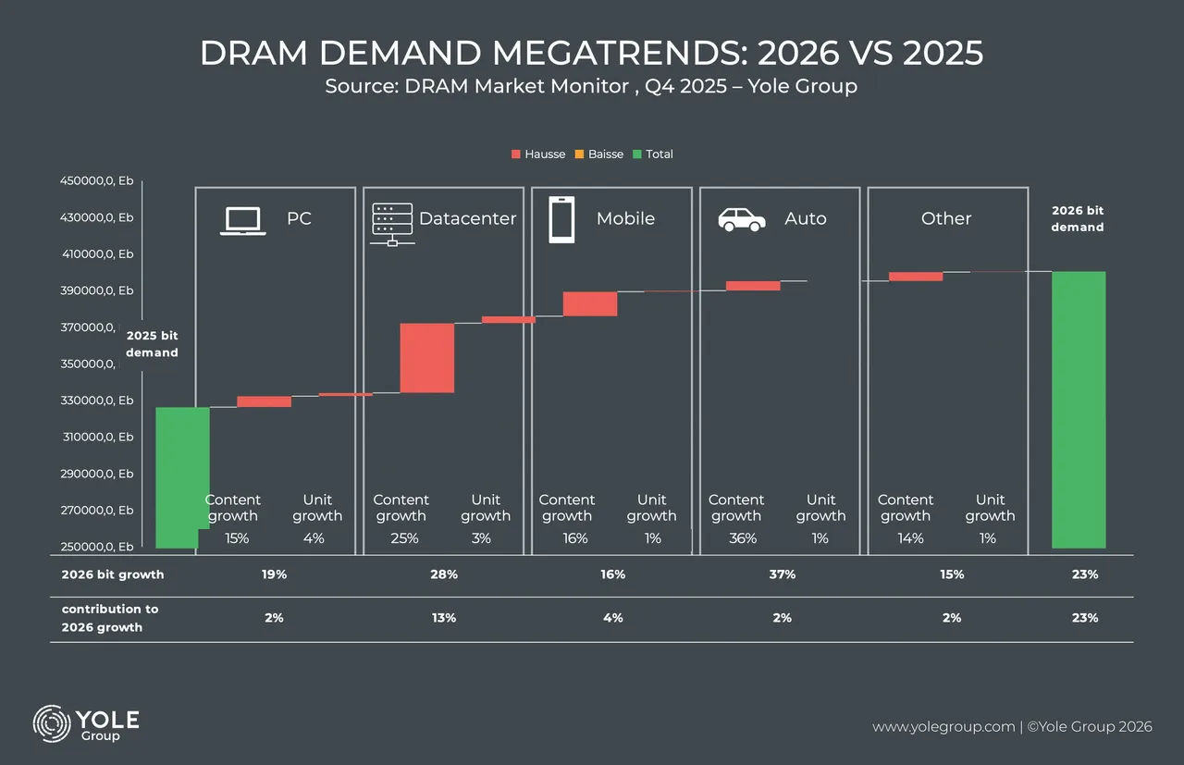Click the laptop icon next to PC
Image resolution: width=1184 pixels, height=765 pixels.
pos(242,220)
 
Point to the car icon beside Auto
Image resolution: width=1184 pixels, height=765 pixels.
pos(742,219)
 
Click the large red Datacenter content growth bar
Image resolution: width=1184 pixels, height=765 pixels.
pos(426,358)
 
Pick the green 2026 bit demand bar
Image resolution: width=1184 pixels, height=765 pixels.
pos(1079,409)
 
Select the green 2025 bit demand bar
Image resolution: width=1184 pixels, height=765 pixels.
pos(181,476)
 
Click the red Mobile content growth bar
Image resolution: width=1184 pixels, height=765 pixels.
pos(590,303)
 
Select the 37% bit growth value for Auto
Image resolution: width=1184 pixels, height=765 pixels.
pos(782,574)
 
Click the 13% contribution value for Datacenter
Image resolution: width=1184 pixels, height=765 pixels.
pos(444,618)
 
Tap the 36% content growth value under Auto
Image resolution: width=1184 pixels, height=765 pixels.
pos(743,538)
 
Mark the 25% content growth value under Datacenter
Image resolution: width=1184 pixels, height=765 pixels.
pos(405,538)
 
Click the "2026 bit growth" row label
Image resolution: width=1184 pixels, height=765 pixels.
pos(113,574)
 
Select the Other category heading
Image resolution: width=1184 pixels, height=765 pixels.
pos(946,218)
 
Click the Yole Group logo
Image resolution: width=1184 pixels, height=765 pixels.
pos(86,724)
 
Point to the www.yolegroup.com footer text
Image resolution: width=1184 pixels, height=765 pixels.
pos(943,727)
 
